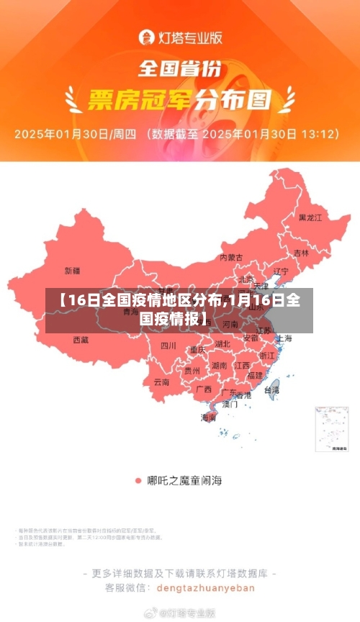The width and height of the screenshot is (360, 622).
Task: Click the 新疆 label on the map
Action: pos(73,271)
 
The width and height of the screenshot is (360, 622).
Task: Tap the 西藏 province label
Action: pos(81,339)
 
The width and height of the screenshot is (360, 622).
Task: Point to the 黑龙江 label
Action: pos(311,217)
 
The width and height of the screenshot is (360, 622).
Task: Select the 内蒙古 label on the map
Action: pos(231,257)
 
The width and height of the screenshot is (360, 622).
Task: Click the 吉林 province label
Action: pos(301,253)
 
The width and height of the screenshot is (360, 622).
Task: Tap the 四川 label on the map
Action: pos(168,345)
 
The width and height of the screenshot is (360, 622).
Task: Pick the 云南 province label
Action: pos(161,382)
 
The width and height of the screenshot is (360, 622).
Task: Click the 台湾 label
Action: pos(271,389)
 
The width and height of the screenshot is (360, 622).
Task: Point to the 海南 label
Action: pos(208,418)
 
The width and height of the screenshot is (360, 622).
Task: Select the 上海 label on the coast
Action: pos(284,338)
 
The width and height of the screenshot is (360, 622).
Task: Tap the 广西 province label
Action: pos(204,389)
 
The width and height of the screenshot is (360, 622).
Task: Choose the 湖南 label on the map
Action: pos(219,366)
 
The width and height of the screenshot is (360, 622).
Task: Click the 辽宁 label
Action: pos(281,271)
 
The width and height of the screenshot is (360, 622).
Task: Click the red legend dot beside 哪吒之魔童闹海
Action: pos(138,480)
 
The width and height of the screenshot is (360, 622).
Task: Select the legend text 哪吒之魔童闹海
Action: pos(184,480)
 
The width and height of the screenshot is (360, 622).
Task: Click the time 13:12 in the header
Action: pos(320,134)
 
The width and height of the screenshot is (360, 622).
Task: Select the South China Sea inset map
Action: pos(332,429)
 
